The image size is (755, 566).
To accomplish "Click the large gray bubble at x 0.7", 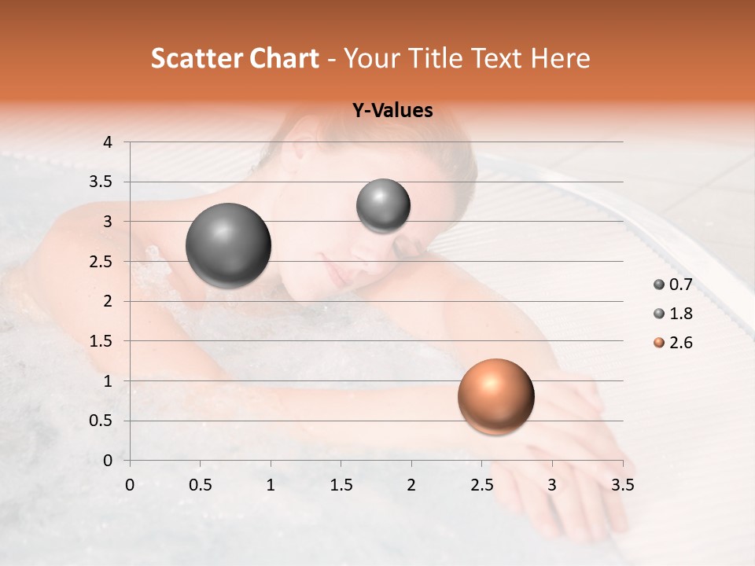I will [x=229, y=245].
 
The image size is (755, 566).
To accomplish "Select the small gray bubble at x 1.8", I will [x=383, y=205].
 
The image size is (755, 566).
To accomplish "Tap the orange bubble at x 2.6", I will [x=495, y=396].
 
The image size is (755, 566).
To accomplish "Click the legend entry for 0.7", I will [x=672, y=285].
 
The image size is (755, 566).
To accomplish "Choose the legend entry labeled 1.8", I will [x=672, y=314].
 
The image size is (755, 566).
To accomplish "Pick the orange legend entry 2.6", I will [x=672, y=343].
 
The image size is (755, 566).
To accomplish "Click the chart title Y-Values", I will [x=392, y=111].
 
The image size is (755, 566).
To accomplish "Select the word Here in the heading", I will [x=559, y=58].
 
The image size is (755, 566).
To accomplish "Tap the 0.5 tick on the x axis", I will [x=200, y=485].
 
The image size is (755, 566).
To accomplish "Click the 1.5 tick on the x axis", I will [x=341, y=485].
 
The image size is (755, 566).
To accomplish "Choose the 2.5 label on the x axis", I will [x=481, y=485].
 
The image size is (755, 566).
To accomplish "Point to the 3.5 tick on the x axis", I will [x=622, y=485].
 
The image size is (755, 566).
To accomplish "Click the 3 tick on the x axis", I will [x=552, y=485].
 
